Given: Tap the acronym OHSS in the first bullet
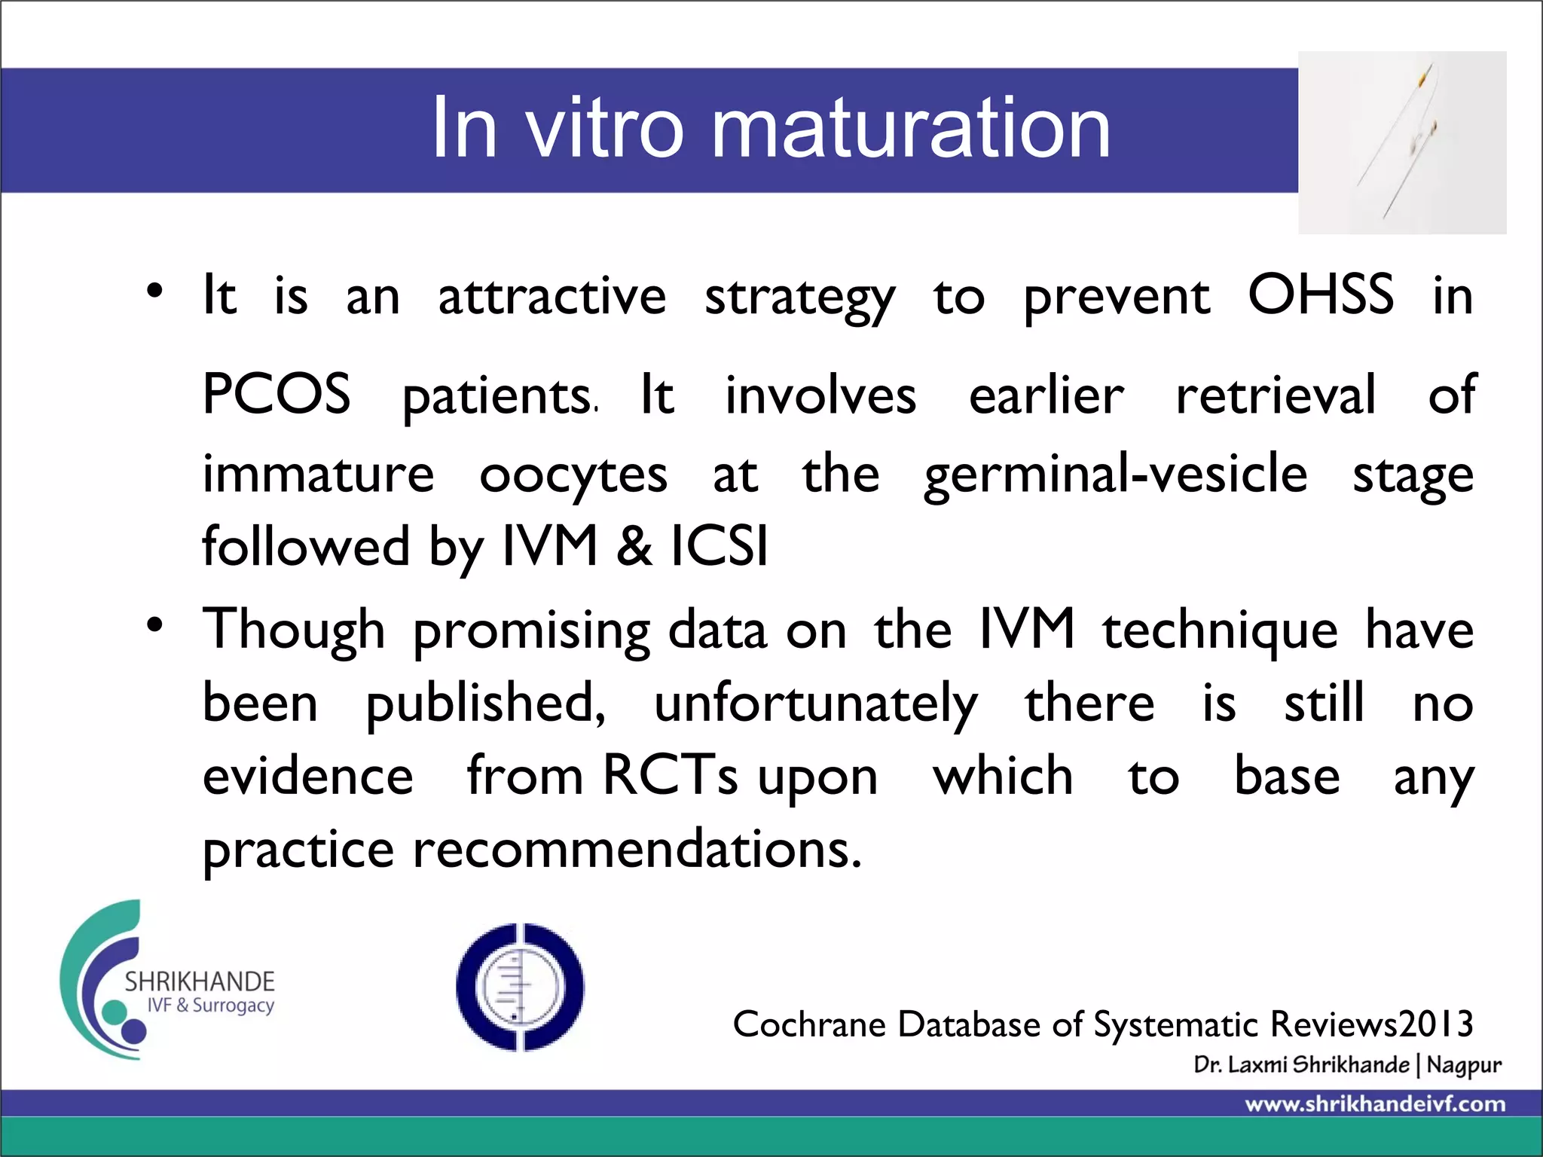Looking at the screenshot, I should tap(1320, 295).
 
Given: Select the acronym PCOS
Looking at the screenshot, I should tap(277, 394).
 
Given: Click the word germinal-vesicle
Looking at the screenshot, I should tap(1115, 474).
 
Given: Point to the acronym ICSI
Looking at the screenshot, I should tap(720, 545).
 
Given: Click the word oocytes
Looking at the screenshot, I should tap(573, 475).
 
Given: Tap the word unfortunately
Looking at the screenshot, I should tap(815, 703).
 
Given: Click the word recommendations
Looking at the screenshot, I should tap(637, 849).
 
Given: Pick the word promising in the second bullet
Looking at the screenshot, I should tap(531, 630).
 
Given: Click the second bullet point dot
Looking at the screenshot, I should tap(154, 624).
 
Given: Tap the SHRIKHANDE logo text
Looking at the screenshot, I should tap(200, 981).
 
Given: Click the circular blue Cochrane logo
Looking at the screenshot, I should tap(520, 987).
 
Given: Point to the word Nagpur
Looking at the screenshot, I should tap(1463, 1065).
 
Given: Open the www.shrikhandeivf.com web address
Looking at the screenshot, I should tap(1375, 1104).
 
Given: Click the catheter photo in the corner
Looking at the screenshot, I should tap(1401, 143).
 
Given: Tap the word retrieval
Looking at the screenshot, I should tap(1276, 395).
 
